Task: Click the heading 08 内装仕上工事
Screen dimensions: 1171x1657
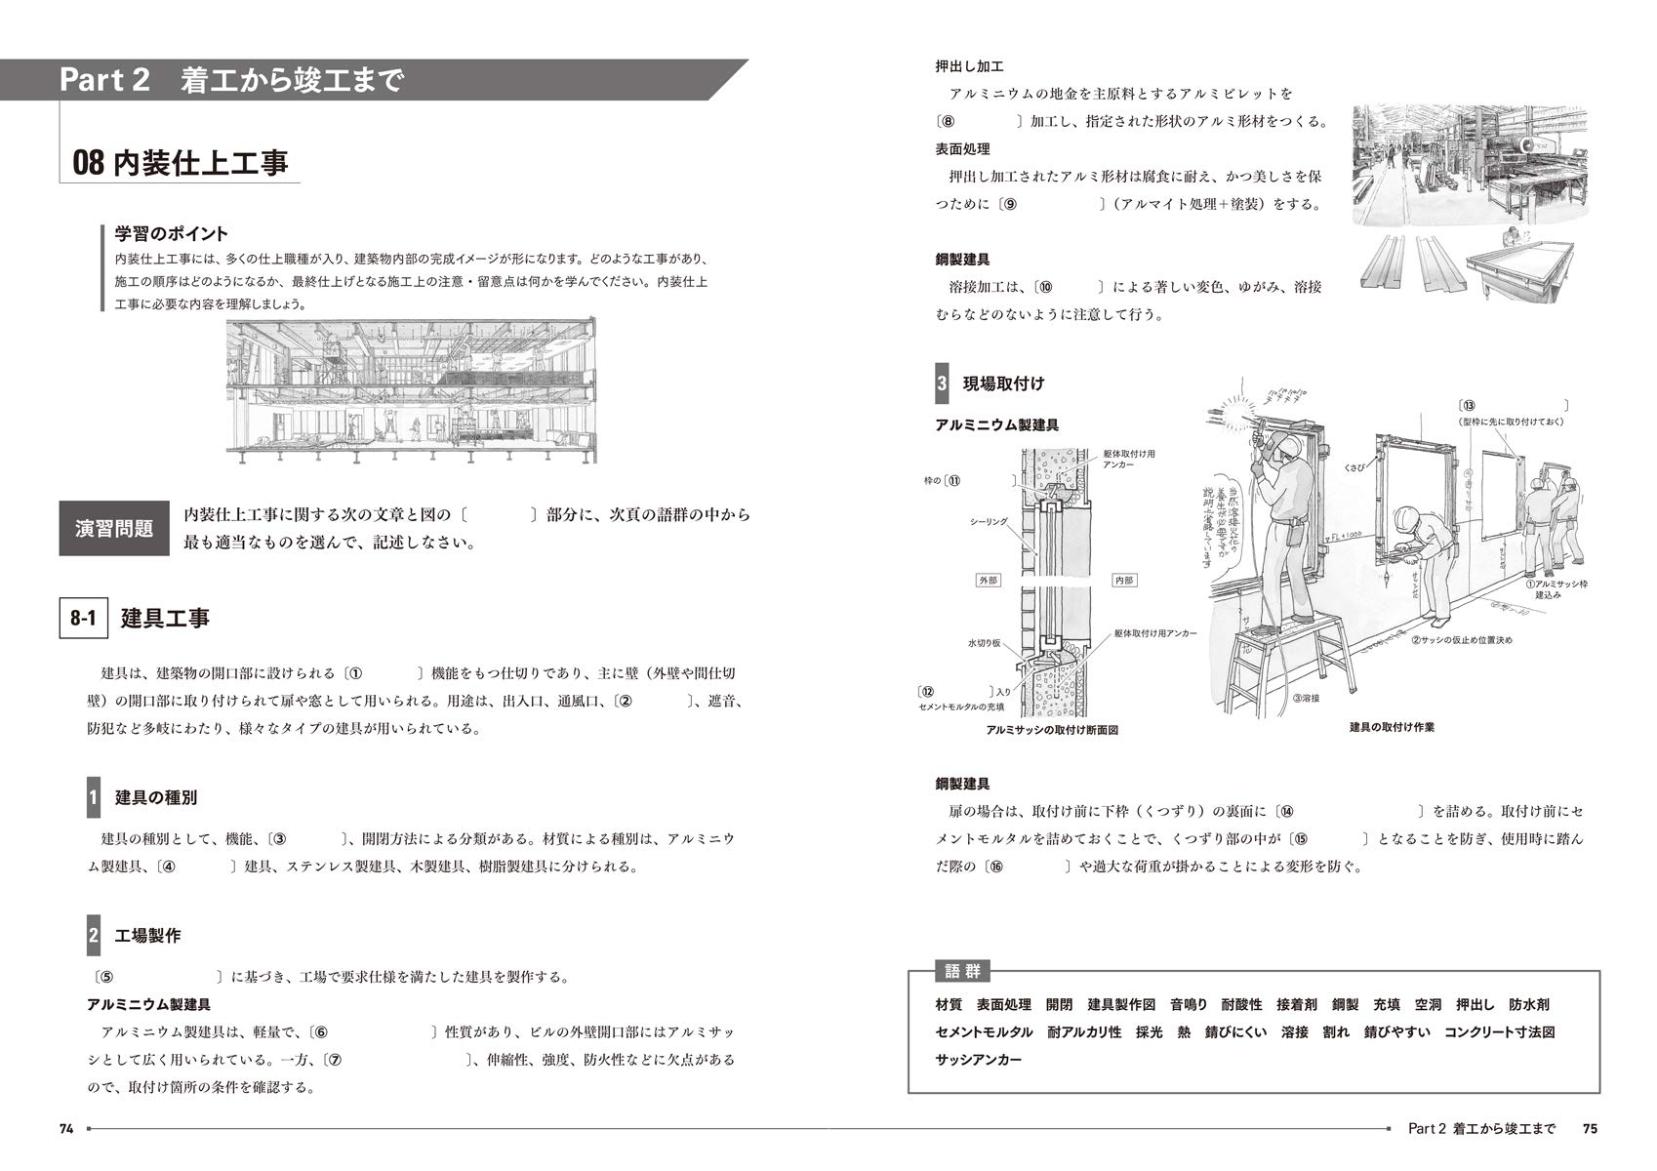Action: (182, 161)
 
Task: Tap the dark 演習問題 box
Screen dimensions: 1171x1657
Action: (114, 529)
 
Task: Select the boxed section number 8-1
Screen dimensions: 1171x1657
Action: (84, 619)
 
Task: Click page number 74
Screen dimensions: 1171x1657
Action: (66, 1129)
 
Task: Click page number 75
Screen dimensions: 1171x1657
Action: (1590, 1129)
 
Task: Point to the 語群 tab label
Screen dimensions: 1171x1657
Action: (962, 972)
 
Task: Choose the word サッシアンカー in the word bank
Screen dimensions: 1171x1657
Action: (978, 1060)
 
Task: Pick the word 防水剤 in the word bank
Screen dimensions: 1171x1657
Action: (1528, 1004)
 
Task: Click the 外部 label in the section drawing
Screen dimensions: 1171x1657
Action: (989, 581)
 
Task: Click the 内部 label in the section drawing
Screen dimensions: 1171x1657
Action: (1123, 581)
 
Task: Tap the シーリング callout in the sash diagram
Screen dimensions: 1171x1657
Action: (988, 522)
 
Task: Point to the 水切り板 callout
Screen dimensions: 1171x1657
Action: (984, 643)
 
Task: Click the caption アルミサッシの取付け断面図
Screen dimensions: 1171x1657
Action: (1052, 730)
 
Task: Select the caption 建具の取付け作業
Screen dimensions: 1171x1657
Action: (1392, 727)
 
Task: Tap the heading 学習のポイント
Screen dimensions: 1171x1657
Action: (172, 233)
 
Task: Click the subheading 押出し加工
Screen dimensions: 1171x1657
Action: (969, 66)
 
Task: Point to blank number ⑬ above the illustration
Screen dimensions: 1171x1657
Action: (1468, 406)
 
